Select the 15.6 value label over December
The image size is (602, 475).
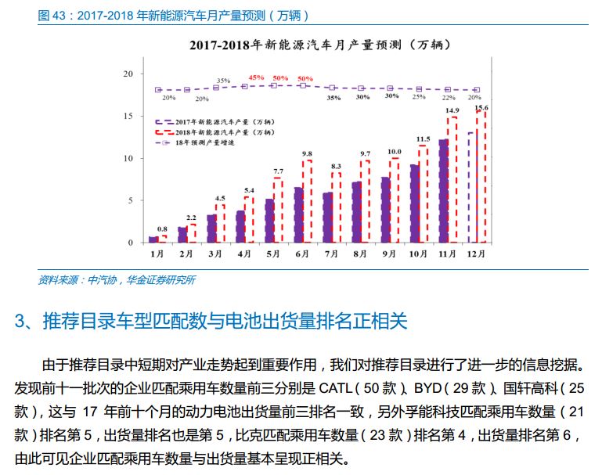(481, 107)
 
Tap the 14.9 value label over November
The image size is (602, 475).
(452, 111)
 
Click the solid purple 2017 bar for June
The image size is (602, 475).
(297, 214)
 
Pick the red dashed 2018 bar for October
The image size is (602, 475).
(424, 193)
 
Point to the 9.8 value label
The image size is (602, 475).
(307, 153)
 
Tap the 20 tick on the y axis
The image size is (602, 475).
(128, 74)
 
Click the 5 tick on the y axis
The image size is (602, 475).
(130, 200)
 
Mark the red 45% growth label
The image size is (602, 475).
(256, 78)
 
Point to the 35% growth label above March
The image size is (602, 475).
(223, 81)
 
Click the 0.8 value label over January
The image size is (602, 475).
(162, 229)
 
